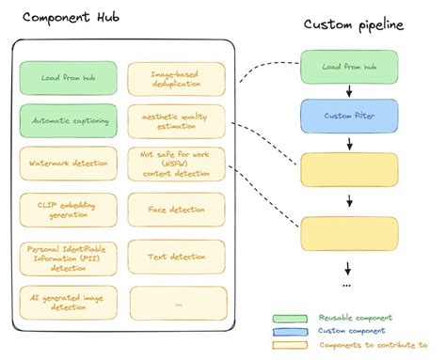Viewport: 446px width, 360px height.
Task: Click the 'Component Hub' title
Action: (x=65, y=17)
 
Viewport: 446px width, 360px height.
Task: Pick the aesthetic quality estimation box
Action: (x=176, y=120)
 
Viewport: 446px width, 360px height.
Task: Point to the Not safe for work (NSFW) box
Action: (x=176, y=164)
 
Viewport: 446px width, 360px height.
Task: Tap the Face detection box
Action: (x=176, y=209)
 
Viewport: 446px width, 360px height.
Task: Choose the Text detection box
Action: (x=176, y=256)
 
